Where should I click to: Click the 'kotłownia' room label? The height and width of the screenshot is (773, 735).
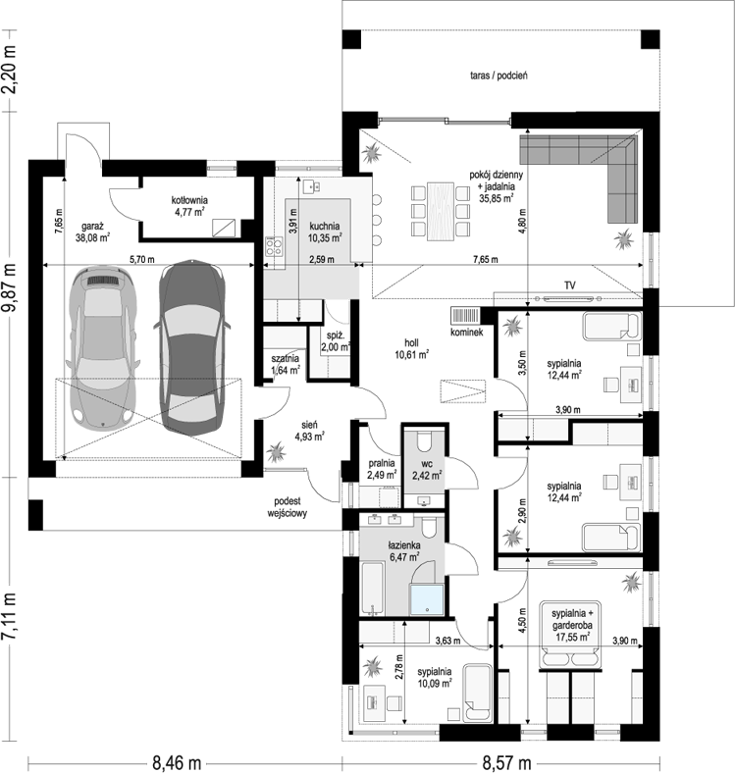(189, 200)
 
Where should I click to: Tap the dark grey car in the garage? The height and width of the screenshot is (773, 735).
(192, 345)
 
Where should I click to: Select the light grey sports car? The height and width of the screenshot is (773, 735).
(103, 347)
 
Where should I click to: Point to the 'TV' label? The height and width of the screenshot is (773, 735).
(570, 285)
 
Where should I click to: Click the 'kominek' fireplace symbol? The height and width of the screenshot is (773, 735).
(465, 316)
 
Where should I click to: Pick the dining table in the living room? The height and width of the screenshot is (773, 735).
(441, 212)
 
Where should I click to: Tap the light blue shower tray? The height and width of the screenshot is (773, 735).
(427, 600)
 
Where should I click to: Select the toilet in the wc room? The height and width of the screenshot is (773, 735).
(424, 441)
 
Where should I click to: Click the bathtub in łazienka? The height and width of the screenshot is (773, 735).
(373, 589)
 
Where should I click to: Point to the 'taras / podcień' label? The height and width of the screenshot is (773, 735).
(499, 76)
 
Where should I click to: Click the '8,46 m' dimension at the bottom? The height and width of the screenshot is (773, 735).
(177, 763)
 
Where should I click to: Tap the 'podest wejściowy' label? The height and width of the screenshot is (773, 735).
(288, 507)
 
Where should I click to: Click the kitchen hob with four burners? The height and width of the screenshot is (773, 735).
(274, 246)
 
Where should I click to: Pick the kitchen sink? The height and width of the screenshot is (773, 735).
(312, 185)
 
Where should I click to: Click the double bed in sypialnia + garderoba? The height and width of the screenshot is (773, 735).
(571, 635)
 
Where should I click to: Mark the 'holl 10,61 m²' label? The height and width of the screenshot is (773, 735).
(411, 348)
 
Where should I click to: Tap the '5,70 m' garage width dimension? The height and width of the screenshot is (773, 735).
(142, 259)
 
